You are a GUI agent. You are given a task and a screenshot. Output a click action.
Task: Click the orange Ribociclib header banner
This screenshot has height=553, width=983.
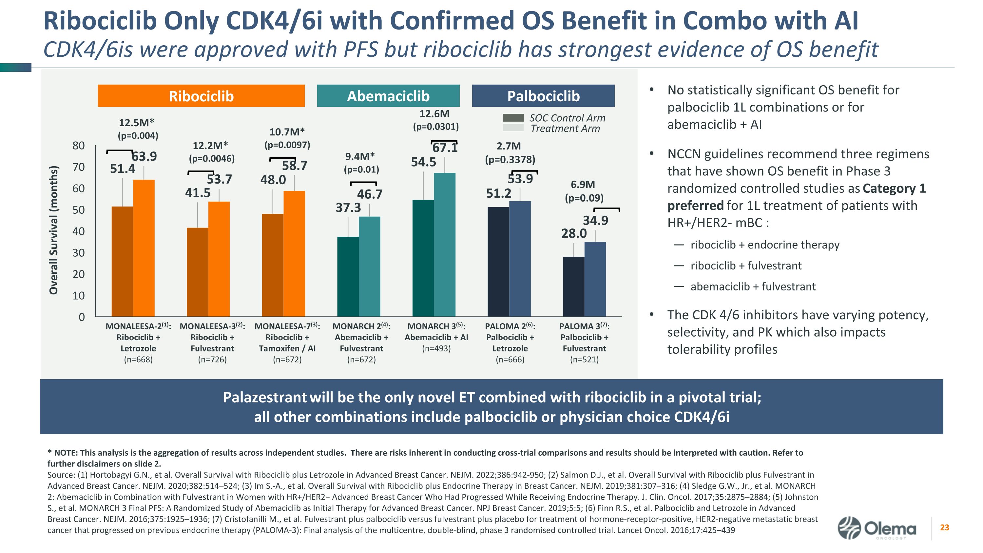[x=201, y=96]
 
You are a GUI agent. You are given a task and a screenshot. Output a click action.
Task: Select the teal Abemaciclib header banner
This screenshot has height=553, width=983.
[x=388, y=96]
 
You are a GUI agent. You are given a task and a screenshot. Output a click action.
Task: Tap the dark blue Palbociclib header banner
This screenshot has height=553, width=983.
[x=543, y=96]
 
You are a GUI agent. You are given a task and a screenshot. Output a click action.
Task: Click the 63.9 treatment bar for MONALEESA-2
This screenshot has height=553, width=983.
[x=144, y=248]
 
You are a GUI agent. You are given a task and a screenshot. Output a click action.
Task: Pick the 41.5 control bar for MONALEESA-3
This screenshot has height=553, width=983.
[x=197, y=272]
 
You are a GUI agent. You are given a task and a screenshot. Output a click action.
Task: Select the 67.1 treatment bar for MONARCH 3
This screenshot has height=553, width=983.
[x=445, y=244]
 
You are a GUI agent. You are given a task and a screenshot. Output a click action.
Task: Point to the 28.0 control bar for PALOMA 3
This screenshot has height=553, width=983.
[x=573, y=286]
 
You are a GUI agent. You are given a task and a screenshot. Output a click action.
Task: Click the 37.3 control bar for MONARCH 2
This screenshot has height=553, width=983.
[x=348, y=276]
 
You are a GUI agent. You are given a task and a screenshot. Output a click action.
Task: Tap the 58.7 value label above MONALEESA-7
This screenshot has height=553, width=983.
[x=294, y=166]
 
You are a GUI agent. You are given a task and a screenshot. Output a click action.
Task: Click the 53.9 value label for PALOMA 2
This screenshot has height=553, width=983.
[x=520, y=179]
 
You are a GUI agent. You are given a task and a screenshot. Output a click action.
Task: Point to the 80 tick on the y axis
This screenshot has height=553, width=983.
[x=79, y=146]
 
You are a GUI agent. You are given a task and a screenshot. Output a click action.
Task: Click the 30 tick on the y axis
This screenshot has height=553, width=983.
[x=79, y=253]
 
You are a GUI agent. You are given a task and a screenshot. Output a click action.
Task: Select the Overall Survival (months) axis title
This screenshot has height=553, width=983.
[x=54, y=230]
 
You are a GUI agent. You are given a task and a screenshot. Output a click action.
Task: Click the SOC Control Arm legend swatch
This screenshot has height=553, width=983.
[x=513, y=118]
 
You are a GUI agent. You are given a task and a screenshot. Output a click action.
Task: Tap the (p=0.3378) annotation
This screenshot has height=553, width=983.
[x=510, y=160]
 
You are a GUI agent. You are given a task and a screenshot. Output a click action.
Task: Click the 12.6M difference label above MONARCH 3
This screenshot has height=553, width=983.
[x=434, y=114]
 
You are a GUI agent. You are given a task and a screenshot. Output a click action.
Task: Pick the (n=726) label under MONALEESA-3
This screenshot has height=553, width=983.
[x=212, y=360]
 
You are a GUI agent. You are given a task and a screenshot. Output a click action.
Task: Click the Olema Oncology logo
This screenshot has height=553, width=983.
[x=877, y=528]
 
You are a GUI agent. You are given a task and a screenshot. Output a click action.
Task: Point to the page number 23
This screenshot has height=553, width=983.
[x=944, y=527]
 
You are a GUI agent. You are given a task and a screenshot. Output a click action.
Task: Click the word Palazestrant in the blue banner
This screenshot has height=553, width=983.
[x=264, y=397]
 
